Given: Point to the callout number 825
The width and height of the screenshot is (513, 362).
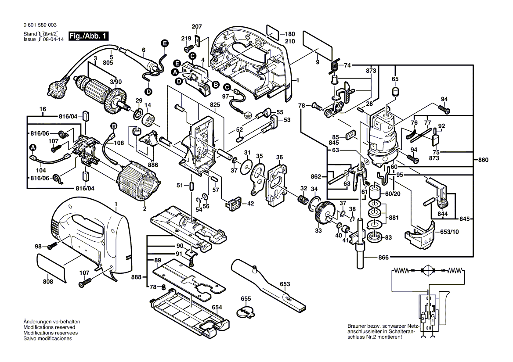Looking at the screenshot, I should pyautogui.click(x=214, y=105).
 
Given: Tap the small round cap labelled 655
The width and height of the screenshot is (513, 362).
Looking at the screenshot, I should pyautogui.click(x=246, y=312).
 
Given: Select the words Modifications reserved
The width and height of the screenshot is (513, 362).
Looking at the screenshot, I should pyautogui.click(x=49, y=327).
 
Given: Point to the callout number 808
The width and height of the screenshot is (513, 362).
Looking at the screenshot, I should pyautogui.click(x=48, y=281).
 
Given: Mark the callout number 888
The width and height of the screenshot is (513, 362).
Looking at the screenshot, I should pyautogui.click(x=137, y=277).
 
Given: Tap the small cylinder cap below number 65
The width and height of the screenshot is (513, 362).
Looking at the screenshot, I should pyautogui.click(x=395, y=92).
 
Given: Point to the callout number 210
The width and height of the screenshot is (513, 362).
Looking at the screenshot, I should pyautogui.click(x=289, y=42).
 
